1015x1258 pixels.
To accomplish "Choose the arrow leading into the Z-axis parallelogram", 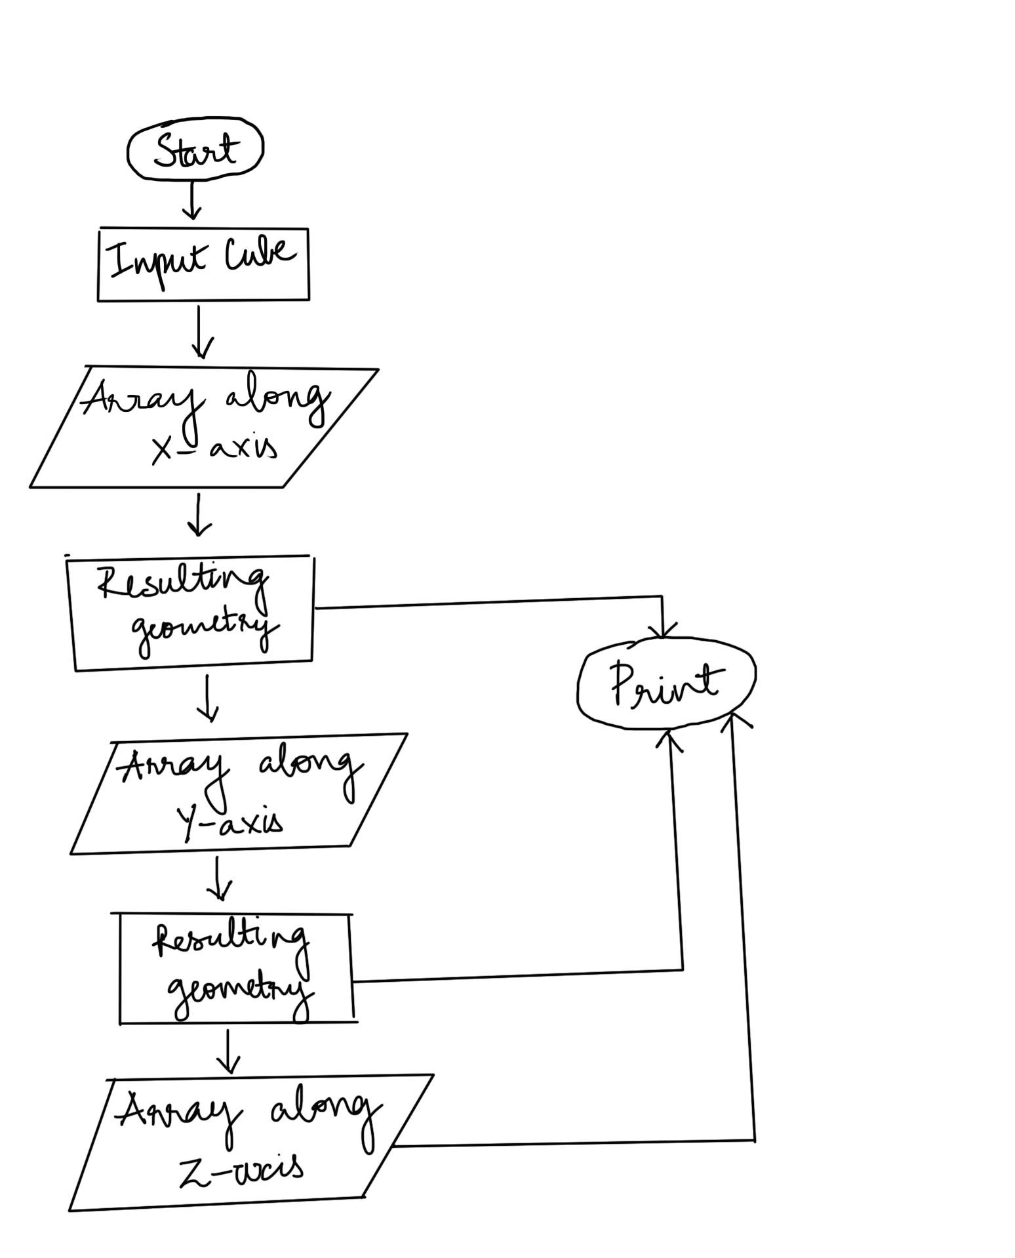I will (228, 1051).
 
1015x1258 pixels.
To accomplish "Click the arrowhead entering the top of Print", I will (664, 630).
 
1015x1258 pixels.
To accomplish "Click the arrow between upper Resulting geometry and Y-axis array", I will (208, 698).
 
